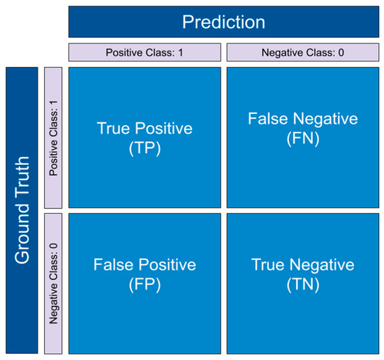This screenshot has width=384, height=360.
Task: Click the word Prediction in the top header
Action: (x=223, y=22)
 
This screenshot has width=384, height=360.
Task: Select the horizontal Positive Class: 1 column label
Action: (x=145, y=52)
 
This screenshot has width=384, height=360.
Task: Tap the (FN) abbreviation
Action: (x=302, y=138)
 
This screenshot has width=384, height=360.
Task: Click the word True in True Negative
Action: (x=267, y=266)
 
